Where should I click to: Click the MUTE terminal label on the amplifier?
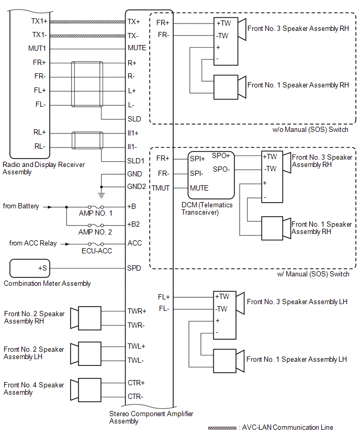[x=137, y=48]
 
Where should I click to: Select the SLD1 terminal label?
[x=136, y=161]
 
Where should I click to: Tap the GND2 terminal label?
[x=137, y=186]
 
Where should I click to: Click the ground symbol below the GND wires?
[x=102, y=195]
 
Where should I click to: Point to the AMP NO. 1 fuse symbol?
[x=96, y=207]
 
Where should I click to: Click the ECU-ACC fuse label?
[x=97, y=251]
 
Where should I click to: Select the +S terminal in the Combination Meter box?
[x=43, y=268]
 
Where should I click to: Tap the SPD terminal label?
[x=134, y=268]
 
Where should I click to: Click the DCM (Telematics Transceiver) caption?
[x=207, y=208]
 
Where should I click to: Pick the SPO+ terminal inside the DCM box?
[x=221, y=155]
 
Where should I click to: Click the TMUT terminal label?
[x=161, y=188]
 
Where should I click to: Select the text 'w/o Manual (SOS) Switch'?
[x=310, y=129]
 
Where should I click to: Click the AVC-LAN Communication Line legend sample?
[x=222, y=428]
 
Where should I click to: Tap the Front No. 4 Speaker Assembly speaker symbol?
[x=86, y=390]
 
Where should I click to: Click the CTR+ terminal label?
[x=136, y=383]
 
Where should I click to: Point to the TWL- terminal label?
[x=136, y=360]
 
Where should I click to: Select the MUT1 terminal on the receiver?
[x=37, y=48]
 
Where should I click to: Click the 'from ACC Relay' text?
[x=32, y=243]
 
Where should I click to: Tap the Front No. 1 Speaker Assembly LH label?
[x=297, y=359]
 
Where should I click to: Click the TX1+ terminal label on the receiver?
[x=39, y=21]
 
